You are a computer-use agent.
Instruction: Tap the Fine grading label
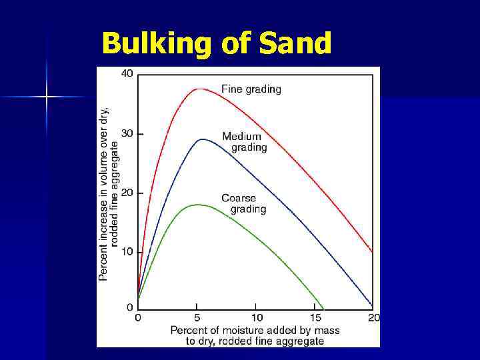pos(251,89)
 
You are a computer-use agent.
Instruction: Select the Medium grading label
pos(244,142)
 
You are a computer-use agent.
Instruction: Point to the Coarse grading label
pos(243,203)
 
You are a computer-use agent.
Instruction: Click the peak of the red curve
pos(199,89)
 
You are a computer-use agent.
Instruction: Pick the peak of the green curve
pos(198,205)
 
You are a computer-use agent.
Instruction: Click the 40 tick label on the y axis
pos(127,73)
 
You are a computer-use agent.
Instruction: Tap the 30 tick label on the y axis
pos(127,133)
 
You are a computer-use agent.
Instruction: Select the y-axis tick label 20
pos(127,193)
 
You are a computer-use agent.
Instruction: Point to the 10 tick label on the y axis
pos(127,251)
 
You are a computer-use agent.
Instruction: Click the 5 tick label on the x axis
pos(197,318)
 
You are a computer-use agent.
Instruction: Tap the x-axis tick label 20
pos(373,318)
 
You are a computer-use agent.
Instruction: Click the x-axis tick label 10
pos(256,318)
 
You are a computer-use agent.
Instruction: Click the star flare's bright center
pos(47,97)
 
